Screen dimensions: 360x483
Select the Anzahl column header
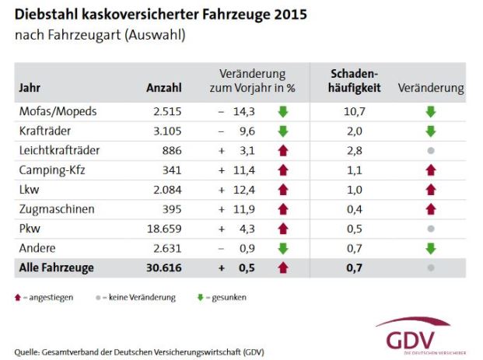(x=163, y=88)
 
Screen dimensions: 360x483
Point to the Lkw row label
(x=28, y=189)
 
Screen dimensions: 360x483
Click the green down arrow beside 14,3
(x=283, y=111)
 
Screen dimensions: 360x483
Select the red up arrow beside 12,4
(x=283, y=189)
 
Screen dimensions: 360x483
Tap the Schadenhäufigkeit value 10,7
(x=355, y=111)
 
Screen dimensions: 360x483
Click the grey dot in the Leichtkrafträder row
(x=430, y=150)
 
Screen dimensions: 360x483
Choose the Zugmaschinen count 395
(x=171, y=209)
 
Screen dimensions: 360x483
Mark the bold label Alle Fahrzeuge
(x=56, y=268)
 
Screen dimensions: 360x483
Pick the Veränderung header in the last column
(x=430, y=88)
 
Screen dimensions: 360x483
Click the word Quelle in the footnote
(x=28, y=351)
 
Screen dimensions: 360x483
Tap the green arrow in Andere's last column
(x=430, y=248)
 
